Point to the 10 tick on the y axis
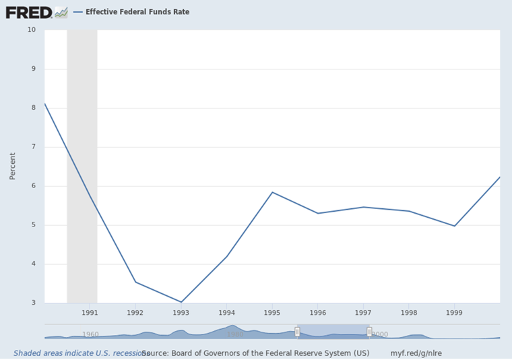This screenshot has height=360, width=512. [32, 30]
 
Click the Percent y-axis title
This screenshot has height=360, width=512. [12, 166]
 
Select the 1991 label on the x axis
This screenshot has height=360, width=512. [90, 313]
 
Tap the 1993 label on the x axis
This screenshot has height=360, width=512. [181, 313]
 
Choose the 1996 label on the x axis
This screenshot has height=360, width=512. [318, 313]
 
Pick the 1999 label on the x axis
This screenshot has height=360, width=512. [455, 313]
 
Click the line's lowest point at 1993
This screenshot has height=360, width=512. [181, 302]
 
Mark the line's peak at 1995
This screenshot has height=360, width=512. [272, 192]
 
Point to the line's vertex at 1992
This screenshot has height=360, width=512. [135, 282]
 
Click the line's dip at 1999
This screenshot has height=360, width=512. [455, 226]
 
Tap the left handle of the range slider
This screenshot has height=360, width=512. [297, 331]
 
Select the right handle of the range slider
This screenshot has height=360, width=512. [369, 331]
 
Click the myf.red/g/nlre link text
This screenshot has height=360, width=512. [416, 353]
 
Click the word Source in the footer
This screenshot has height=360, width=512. [154, 353]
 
